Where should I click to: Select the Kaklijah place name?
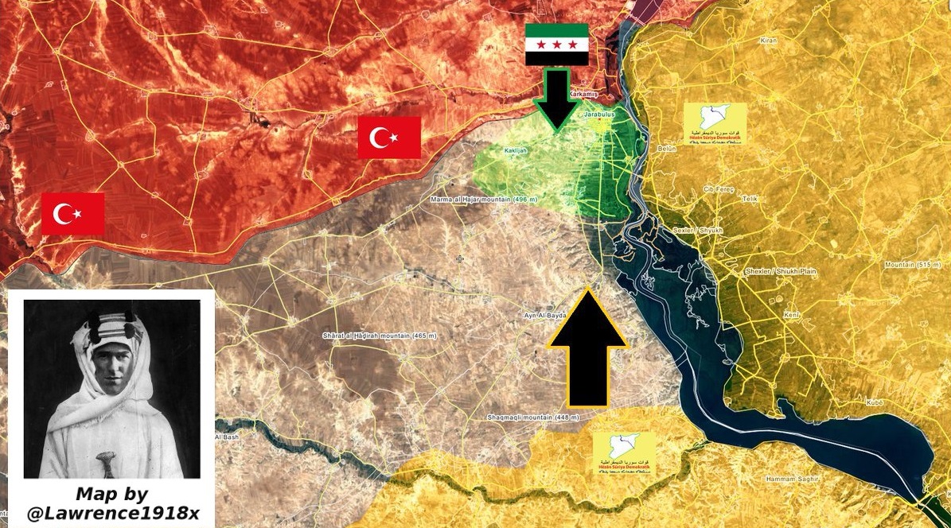click(x=516, y=149)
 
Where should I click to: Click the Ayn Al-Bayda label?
click(x=544, y=316)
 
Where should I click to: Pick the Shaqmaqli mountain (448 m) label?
click(x=533, y=417)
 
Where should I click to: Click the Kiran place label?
click(x=768, y=40)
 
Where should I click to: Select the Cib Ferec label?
click(x=716, y=189)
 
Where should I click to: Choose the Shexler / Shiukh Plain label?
click(x=780, y=271)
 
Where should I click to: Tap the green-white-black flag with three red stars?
click(x=557, y=45)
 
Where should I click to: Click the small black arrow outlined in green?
click(x=557, y=99)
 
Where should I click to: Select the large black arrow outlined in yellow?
click(x=588, y=347)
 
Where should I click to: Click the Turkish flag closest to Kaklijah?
click(x=389, y=138)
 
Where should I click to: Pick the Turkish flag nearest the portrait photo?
click(x=72, y=214)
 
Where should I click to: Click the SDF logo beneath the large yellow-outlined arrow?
click(x=623, y=454)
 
